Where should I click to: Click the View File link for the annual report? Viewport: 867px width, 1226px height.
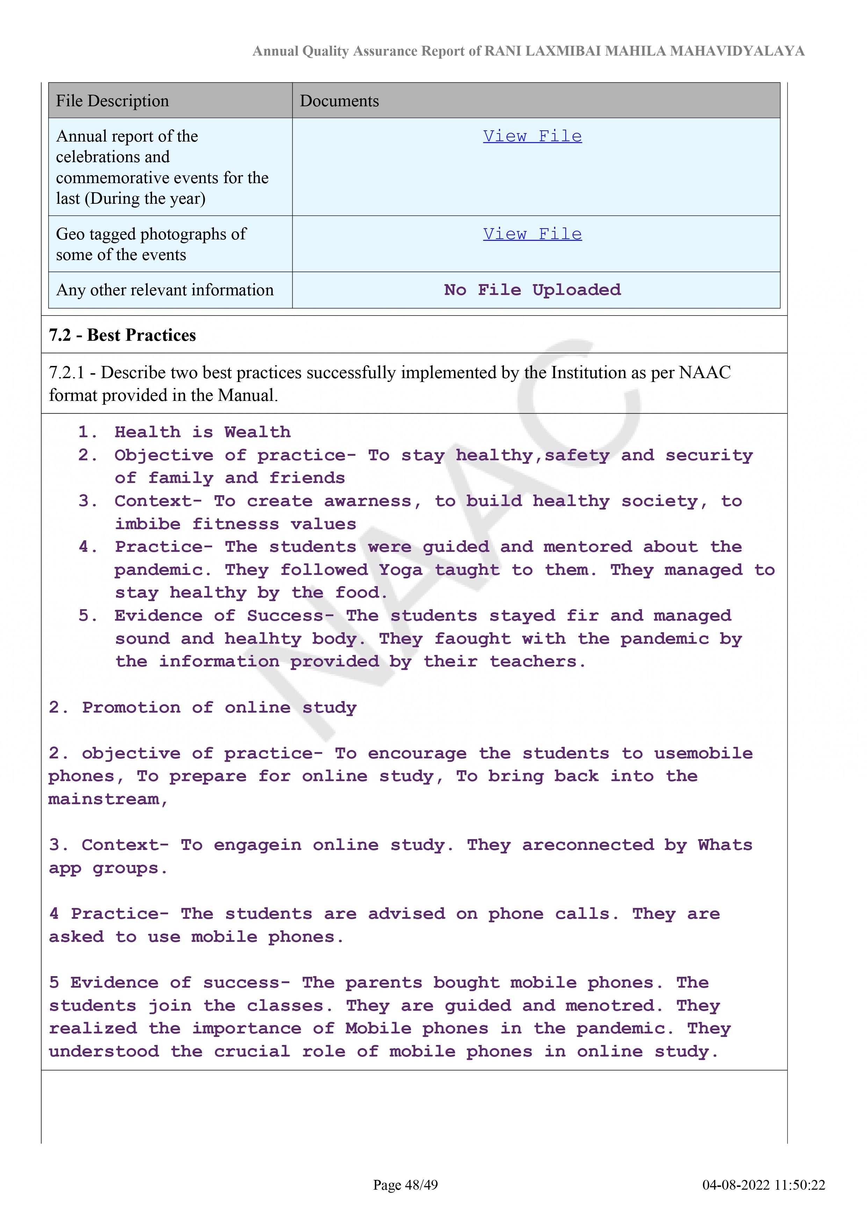(532, 136)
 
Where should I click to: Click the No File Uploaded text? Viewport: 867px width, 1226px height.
(532, 290)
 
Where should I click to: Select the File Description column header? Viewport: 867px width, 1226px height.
(112, 101)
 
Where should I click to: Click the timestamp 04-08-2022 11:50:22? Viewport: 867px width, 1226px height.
(764, 1185)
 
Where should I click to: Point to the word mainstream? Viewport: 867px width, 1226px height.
(104, 799)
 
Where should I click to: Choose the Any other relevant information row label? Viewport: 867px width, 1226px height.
(165, 290)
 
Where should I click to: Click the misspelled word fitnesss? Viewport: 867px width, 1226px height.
(236, 524)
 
